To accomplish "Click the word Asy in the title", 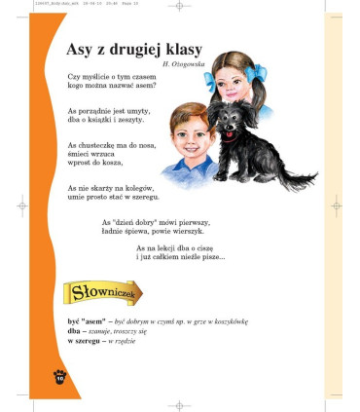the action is [x=82, y=50].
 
